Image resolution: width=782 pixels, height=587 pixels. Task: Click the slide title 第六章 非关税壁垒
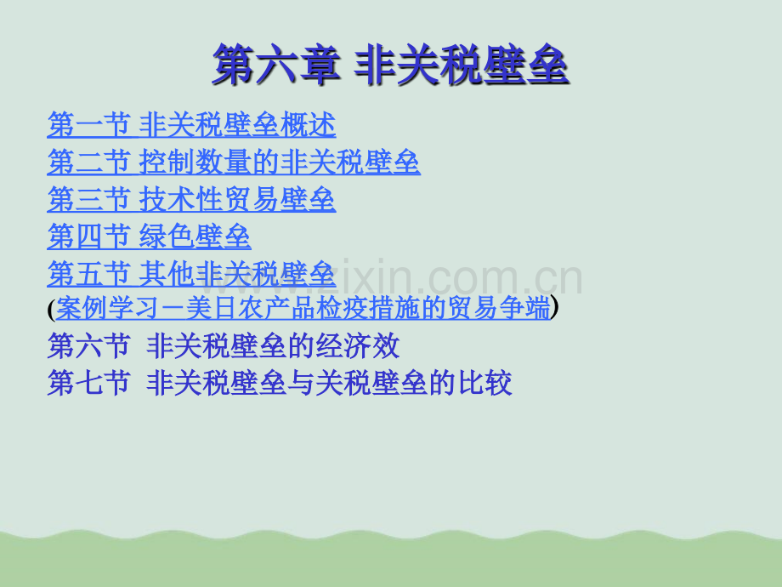391,65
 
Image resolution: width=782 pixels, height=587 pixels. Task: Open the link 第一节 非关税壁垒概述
191,125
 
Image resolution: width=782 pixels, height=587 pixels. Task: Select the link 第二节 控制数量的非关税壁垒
234,162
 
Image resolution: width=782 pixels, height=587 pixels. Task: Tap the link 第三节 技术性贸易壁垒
191,200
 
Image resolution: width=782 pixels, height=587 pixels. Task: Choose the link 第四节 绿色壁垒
149,237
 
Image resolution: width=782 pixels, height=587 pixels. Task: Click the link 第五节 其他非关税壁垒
191,274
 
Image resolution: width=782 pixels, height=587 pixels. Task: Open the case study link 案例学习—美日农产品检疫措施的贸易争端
303,307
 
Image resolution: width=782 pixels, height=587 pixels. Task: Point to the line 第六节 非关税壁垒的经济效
224,345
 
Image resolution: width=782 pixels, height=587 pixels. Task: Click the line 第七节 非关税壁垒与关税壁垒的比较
280,383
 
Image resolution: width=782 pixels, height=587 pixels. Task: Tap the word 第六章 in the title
275,65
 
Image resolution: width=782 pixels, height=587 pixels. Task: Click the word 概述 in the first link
309,125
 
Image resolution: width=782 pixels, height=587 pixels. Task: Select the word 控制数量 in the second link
195,162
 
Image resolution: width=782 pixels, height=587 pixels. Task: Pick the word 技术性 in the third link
181,200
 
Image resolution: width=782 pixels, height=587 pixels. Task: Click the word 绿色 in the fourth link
167,237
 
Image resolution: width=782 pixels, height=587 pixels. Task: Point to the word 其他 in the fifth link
167,274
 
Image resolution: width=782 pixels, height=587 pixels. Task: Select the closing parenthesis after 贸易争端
554,307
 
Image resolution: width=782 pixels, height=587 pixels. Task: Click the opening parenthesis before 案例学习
51,310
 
